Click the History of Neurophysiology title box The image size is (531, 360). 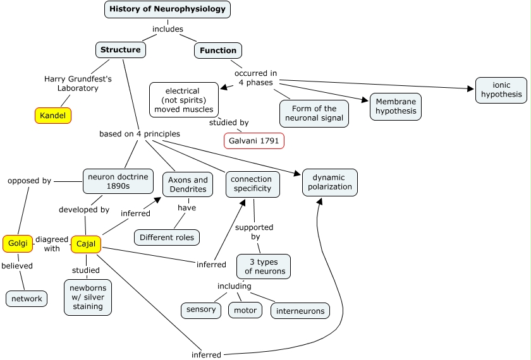point(168,9)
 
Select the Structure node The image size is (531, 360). point(121,50)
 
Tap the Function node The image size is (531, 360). point(218,51)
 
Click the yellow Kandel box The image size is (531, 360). point(53,116)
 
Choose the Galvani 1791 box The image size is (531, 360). point(254,140)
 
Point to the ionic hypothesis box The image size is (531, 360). point(501,90)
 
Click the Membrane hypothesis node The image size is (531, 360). point(396,107)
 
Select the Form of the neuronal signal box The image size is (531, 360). point(314,114)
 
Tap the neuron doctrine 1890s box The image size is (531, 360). point(118,181)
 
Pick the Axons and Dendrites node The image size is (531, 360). point(188,184)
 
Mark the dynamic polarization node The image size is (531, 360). point(330,183)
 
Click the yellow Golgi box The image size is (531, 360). point(17,243)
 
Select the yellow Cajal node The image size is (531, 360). point(86,244)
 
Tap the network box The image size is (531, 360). point(27,299)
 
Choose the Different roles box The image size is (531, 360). point(167,237)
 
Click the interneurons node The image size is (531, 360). point(300,311)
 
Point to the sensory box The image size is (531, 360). point(201,309)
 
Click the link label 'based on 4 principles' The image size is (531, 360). point(140,134)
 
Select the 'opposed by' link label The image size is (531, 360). point(29,181)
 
